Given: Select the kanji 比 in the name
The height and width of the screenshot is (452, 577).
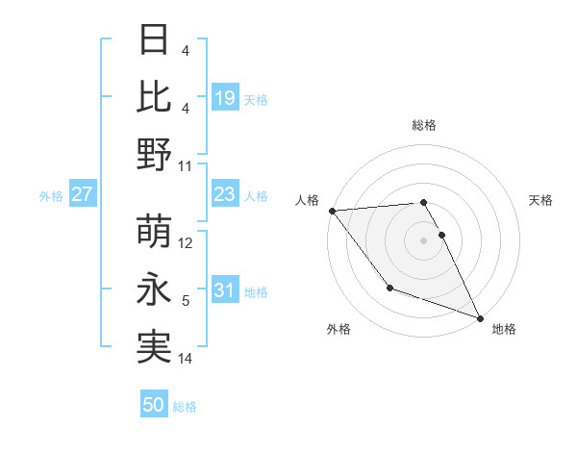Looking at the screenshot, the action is pos(155,96).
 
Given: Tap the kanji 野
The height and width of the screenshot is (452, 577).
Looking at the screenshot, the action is pos(155,154).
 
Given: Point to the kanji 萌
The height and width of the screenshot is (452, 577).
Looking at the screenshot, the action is pos(155,231).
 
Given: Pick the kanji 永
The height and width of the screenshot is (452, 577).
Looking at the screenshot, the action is pos(155,289).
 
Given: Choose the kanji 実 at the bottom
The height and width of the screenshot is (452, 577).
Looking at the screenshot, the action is pos(155,346).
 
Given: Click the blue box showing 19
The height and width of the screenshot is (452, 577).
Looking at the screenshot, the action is pos(224,97).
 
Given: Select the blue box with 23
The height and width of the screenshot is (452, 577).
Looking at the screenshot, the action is pos(224,195).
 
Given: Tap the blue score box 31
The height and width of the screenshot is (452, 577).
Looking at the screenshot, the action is pos(224,291).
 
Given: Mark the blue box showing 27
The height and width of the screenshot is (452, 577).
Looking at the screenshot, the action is pos(83,195).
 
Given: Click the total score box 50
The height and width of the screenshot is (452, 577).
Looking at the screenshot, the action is pos(154,405).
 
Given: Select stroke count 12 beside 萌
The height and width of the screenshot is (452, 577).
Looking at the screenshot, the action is pos(186,243).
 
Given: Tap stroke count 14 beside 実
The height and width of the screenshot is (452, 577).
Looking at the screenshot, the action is pos(186,359).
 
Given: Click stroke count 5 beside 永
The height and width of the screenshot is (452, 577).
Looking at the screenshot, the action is pos(186,301).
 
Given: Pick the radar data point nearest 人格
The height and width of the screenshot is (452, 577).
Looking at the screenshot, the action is pos(332,210).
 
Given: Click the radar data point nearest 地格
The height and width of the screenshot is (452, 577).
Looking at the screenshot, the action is pos(480,317).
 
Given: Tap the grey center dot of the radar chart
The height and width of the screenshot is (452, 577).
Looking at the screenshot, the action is pos(423,239).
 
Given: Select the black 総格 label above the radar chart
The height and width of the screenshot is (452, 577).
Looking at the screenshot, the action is pos(423,125).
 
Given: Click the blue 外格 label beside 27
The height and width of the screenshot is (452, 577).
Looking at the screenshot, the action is pos(51,196).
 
